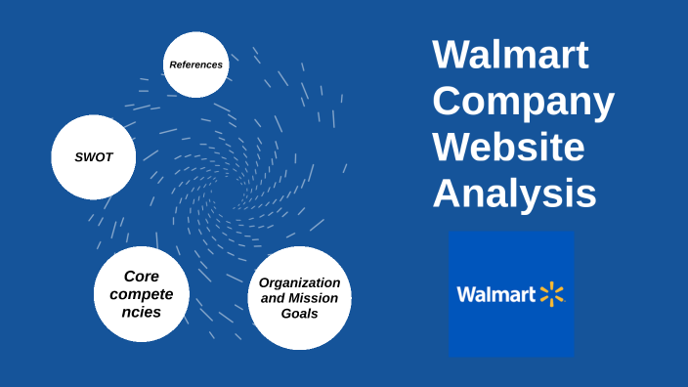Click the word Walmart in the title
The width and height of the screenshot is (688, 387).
pos(510,55)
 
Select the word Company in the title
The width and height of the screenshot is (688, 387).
pos(524,102)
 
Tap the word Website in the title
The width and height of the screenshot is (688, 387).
pos(508,148)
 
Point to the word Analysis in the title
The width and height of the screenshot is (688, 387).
pos(514,193)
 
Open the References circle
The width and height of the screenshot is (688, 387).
pos(195,64)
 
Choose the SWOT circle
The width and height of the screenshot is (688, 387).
pos(93,156)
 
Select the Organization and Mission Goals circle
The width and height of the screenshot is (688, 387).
pos(299,298)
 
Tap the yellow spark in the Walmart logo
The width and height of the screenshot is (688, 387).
pos(552,294)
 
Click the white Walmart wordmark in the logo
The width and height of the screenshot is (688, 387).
pos(496,294)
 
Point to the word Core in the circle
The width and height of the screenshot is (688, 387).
pos(142,277)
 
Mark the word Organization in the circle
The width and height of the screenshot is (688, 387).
pos(299,282)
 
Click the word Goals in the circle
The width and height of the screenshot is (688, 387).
pos(299,314)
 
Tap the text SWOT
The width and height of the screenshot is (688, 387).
pos(93,156)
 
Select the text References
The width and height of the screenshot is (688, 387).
pos(195,64)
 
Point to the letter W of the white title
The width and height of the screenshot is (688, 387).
pos(448,55)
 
